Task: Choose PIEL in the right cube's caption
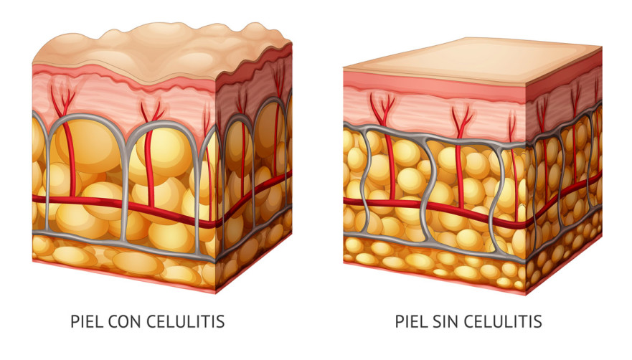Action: (407, 321)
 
